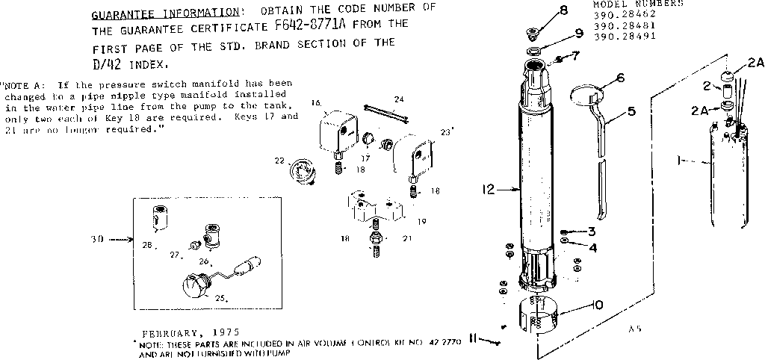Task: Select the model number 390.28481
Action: pyautogui.click(x=619, y=25)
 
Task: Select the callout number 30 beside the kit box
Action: pyautogui.click(x=97, y=240)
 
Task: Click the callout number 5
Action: pyautogui.click(x=631, y=112)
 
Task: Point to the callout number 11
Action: pyautogui.click(x=474, y=339)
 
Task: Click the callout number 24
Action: pyautogui.click(x=399, y=99)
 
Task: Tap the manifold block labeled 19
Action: pyautogui.click(x=373, y=208)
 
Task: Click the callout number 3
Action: pyautogui.click(x=591, y=231)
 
